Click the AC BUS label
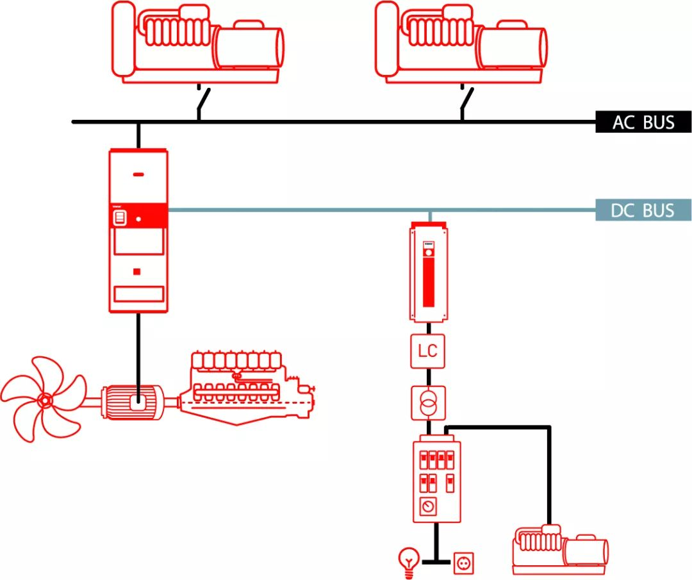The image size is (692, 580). (643, 122)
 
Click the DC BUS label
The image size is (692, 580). (643, 210)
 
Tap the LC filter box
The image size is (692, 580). (427, 351)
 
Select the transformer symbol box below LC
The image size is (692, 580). (427, 403)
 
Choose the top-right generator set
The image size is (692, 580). (461, 42)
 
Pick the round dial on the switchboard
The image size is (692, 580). (427, 507)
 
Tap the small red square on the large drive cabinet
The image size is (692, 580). (136, 272)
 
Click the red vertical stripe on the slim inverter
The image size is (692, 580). (428, 276)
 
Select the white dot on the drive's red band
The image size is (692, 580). (138, 220)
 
